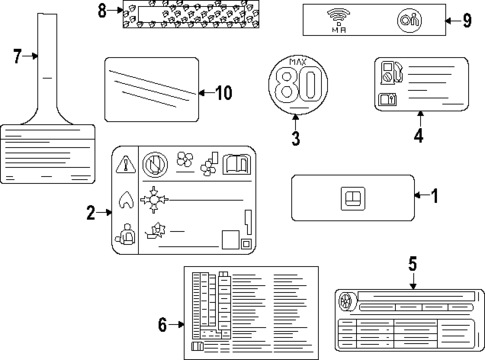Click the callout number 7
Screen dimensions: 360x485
click(x=16, y=57)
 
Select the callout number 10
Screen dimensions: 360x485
click(x=223, y=93)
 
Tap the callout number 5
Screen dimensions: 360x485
click(x=411, y=265)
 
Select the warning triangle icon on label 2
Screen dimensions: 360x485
click(x=126, y=164)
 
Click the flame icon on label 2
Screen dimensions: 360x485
click(x=126, y=198)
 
